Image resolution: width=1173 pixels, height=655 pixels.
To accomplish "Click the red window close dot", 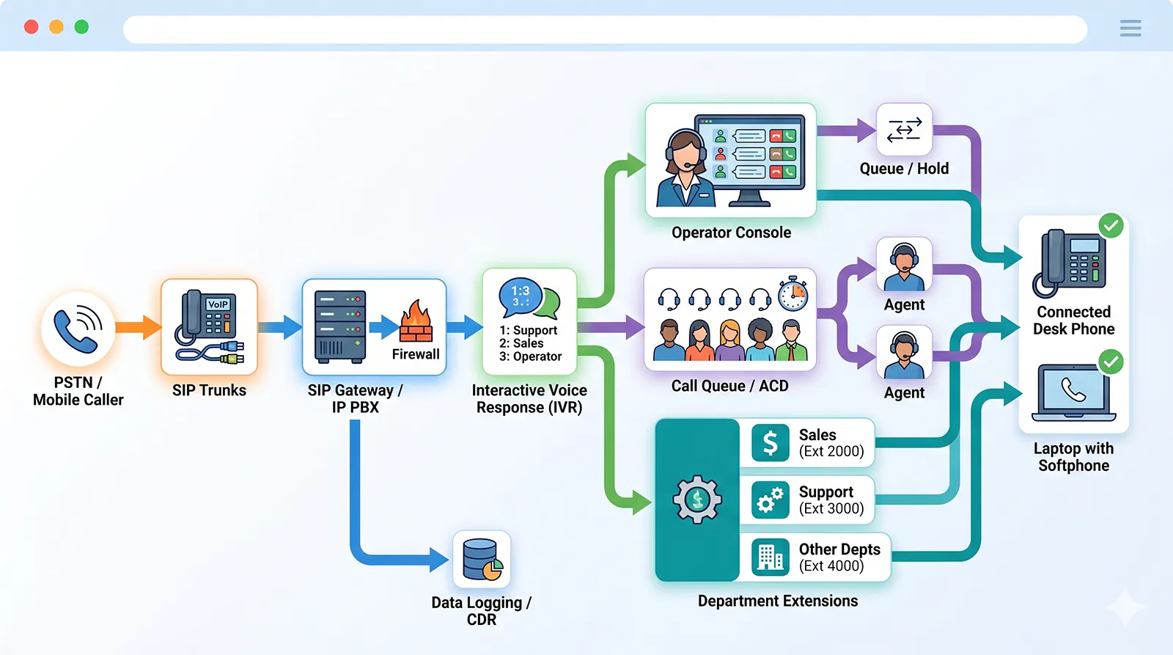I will pos(32,27).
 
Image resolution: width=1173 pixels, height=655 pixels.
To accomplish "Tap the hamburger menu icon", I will pos(1130,28).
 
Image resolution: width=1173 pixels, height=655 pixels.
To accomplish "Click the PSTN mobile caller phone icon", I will pos(78,329).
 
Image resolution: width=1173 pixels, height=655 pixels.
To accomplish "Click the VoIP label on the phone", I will pos(218,304).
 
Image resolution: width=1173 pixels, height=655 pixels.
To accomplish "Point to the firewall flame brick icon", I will pos(416,323).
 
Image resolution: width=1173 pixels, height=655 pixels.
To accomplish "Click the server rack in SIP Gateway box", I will pos(339,326).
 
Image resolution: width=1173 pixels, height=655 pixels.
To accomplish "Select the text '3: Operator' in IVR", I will pos(530,356).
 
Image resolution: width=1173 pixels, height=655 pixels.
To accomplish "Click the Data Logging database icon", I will pos(482,560).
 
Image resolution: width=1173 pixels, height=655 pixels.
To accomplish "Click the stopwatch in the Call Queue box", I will pos(793,293).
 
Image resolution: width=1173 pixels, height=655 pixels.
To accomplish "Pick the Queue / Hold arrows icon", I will pos(904,129).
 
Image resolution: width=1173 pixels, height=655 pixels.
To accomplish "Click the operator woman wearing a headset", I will pos(685,169).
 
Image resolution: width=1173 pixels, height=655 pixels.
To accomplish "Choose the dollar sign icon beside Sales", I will pos(770,442).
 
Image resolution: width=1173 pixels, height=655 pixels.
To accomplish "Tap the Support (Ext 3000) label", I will pos(831,500).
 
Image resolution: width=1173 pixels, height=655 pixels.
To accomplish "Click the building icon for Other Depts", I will pos(770,557).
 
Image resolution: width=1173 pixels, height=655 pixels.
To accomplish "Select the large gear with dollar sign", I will pos(697,500).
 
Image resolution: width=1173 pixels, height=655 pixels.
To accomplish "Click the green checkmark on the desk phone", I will pos(1111,225).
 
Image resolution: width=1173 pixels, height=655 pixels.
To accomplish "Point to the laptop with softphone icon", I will pos(1073,394).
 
